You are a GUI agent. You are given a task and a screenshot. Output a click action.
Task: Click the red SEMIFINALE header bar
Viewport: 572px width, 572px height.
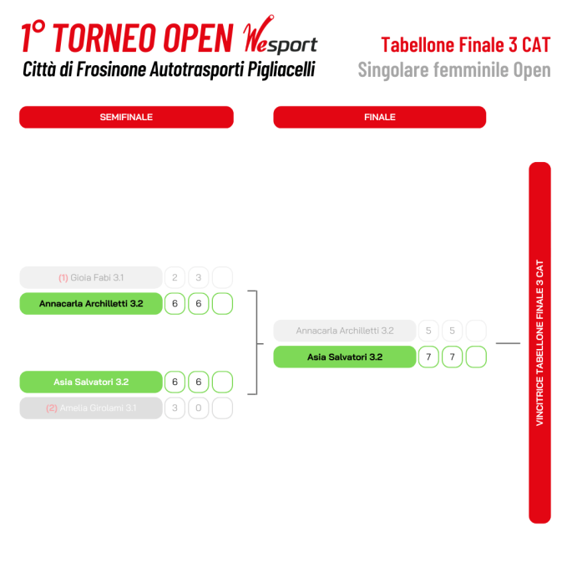pyautogui.click(x=126, y=117)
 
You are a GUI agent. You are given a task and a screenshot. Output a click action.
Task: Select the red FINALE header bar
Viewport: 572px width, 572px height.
pyautogui.click(x=380, y=117)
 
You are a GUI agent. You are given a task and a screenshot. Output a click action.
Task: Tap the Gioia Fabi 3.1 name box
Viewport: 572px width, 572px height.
pyautogui.click(x=91, y=277)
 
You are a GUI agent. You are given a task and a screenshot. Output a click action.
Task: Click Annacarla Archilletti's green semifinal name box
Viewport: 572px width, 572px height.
pyautogui.click(x=91, y=303)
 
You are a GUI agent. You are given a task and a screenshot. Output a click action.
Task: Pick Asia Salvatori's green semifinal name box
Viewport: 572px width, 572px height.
pyautogui.click(x=91, y=382)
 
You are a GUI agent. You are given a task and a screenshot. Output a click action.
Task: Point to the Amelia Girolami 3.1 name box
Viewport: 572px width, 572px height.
pyautogui.click(x=91, y=407)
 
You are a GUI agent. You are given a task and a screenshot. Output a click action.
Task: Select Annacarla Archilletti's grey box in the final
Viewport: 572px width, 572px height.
pyautogui.click(x=345, y=331)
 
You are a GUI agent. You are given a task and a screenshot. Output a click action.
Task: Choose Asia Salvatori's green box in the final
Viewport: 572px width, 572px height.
pyautogui.click(x=345, y=357)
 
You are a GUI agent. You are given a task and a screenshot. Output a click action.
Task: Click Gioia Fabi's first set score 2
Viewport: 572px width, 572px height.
pyautogui.click(x=175, y=277)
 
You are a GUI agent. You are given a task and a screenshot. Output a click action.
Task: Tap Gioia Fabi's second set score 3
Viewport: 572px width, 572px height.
pyautogui.click(x=199, y=277)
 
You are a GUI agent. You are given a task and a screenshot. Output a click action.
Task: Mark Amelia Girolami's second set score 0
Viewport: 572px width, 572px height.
pyautogui.click(x=199, y=407)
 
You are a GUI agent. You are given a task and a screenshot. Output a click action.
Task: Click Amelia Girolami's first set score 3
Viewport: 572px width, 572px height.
pyautogui.click(x=175, y=407)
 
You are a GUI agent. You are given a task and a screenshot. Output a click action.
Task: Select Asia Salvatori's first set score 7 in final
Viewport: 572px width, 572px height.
pyautogui.click(x=428, y=357)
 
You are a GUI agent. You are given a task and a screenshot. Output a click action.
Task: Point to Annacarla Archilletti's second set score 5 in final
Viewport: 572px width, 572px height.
pyautogui.click(x=453, y=331)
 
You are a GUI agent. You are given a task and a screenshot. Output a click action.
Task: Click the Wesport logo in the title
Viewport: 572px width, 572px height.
pyautogui.click(x=281, y=36)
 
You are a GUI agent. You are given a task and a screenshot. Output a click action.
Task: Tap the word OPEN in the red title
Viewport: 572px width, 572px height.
pyautogui.click(x=198, y=38)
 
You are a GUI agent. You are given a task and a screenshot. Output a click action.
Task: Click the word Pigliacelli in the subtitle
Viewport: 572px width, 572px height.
pyautogui.click(x=281, y=69)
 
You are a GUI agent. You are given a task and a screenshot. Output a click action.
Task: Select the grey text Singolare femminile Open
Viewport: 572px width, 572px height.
pyautogui.click(x=454, y=70)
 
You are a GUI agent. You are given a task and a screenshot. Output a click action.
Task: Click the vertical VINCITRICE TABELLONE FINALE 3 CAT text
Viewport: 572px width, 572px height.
pyautogui.click(x=540, y=342)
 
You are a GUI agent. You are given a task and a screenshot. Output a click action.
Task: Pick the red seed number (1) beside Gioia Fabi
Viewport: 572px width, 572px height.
pyautogui.click(x=63, y=278)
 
